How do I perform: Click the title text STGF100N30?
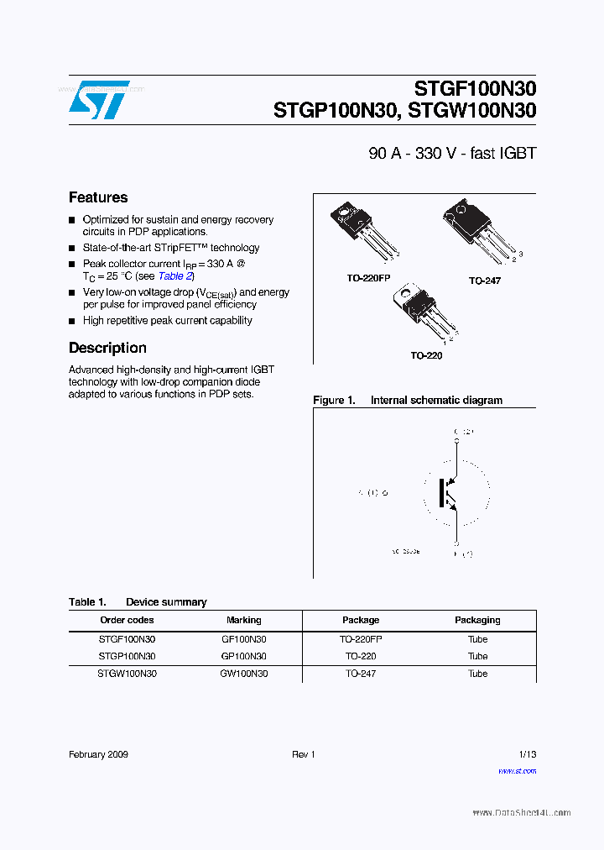[475, 89]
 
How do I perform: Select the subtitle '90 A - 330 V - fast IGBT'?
[452, 154]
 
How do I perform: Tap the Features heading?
[98, 197]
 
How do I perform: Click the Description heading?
[107, 348]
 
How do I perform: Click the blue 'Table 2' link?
[176, 275]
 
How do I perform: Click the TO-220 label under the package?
[426, 355]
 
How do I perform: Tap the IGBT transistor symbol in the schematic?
[448, 494]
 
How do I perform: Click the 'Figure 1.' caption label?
[335, 401]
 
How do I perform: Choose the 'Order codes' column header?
[127, 620]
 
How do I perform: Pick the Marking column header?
[243, 620]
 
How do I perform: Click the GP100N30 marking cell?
[243, 656]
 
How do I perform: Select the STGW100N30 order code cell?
[127, 674]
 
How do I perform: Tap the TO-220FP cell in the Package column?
[361, 639]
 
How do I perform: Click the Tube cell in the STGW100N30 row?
[477, 674]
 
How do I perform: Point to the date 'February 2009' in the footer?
[98, 755]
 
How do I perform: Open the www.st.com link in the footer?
[517, 770]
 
